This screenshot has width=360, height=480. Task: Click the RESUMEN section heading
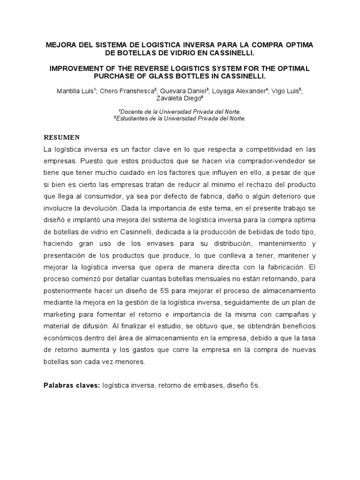[62, 137]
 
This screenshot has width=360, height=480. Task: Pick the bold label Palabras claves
[71, 385]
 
